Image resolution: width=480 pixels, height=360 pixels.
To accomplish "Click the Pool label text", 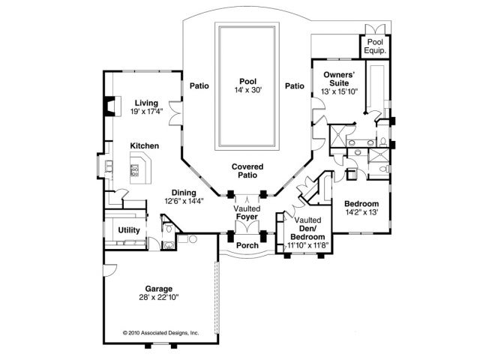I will [x=247, y=81].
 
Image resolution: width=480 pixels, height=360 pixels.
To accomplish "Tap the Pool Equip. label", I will [x=375, y=47].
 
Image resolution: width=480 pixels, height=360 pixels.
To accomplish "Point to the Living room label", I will [x=147, y=103].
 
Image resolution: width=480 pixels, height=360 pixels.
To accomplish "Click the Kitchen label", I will [x=144, y=145].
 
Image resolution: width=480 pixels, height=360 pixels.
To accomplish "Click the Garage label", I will [x=158, y=288].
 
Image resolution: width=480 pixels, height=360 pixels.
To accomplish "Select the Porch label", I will [x=247, y=245].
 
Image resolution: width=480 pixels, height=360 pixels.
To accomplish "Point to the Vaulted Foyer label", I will [x=247, y=212].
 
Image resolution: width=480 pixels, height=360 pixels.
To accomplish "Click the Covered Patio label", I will [x=247, y=170].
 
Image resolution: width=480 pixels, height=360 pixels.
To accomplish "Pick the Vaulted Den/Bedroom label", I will [x=306, y=227].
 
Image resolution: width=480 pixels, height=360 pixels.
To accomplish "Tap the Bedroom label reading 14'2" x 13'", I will [x=361, y=203].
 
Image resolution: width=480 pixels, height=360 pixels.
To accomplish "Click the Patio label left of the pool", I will [x=199, y=85].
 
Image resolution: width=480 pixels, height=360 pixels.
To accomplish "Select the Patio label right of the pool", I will [x=295, y=85].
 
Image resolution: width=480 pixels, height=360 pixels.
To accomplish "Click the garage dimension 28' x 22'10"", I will [x=158, y=297].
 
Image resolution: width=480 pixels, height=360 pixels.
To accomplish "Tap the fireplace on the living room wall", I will [x=110, y=105].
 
